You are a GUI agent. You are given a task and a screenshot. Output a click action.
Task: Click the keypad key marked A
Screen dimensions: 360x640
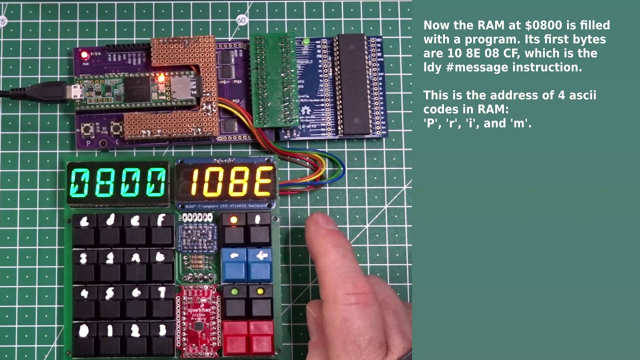pos(136,263)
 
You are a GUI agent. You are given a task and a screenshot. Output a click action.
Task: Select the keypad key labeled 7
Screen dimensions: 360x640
pos(161,299)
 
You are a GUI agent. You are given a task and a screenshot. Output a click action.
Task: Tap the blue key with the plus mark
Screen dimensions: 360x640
pos(260,263)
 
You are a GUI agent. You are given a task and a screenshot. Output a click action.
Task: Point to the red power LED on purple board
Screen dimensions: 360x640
pos(84,54)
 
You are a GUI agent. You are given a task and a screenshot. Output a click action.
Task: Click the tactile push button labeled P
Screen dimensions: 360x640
pos(88,130)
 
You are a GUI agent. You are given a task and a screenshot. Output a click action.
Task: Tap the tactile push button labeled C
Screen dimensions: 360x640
pos(117,129)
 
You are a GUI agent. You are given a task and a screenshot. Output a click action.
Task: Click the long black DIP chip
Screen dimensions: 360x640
pos(353,84)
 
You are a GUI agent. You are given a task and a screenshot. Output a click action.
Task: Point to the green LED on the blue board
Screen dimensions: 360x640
pos(306,41)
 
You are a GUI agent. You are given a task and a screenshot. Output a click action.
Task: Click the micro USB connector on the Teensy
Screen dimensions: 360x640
pos(75,92)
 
